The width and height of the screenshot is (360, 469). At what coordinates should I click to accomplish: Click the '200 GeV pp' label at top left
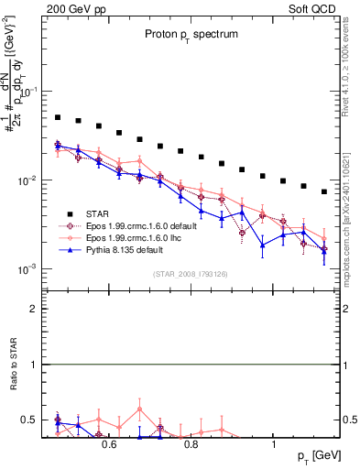tap(76, 7)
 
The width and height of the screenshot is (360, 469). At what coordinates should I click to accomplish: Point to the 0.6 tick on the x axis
tap(109, 444)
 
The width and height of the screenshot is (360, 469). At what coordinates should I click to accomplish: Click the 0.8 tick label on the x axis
tap(191, 444)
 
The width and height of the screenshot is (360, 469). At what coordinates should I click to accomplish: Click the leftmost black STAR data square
tap(58, 117)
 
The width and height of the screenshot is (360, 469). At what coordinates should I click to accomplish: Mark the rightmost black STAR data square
tap(324, 191)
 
